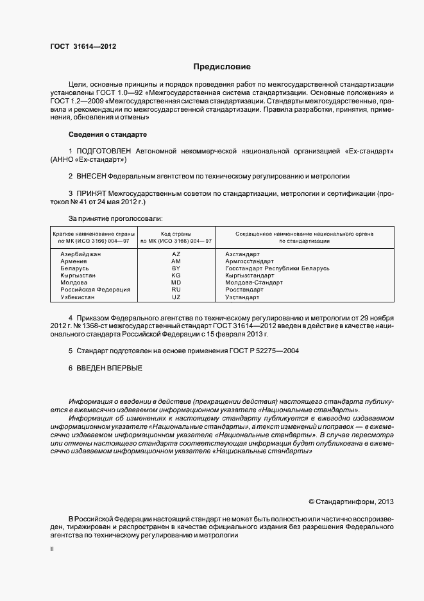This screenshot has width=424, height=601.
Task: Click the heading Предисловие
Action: (222, 67)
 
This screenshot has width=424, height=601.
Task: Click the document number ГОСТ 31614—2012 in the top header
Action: (83, 46)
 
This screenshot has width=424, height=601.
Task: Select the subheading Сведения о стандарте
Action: (108, 135)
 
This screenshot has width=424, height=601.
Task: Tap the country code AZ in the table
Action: (176, 254)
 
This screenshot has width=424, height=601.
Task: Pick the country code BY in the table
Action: (176, 268)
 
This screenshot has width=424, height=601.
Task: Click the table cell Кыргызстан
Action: (78, 275)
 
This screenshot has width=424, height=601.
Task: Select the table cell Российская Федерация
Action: (95, 290)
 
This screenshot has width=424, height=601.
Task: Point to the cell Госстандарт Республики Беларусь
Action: (277, 268)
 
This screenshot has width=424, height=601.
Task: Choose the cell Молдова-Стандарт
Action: (254, 283)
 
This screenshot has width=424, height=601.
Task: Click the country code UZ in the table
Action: (176, 297)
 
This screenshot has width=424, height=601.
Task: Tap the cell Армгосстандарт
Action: (250, 261)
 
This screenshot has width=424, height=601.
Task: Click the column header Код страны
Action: (176, 234)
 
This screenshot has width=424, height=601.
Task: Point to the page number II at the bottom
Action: (52, 549)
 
